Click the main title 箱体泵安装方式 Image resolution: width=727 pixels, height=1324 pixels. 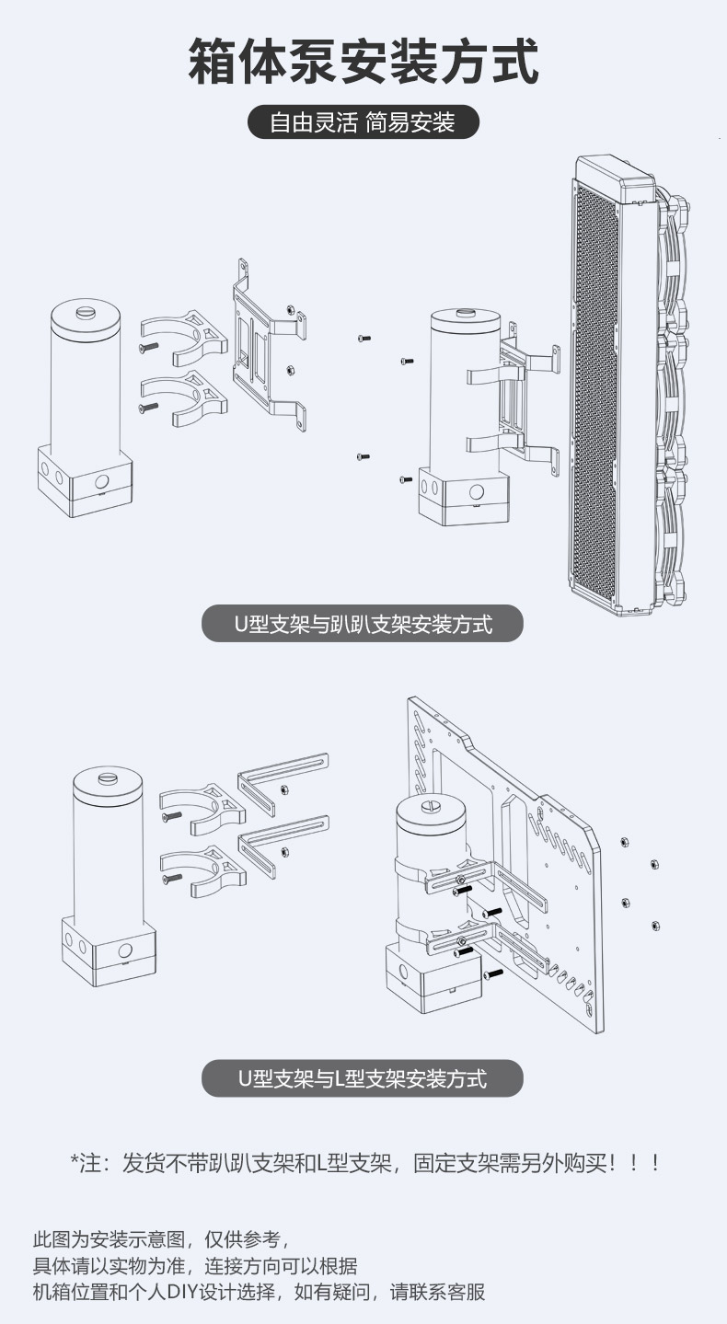pyautogui.click(x=363, y=62)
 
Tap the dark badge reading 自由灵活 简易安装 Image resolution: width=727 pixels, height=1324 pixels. pyautogui.click(x=363, y=121)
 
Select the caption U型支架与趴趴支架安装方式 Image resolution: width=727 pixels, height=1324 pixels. pyautogui.click(x=363, y=624)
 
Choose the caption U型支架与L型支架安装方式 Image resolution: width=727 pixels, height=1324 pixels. pyautogui.click(x=363, y=1078)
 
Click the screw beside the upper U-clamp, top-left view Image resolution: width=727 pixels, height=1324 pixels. pyautogui.click(x=148, y=347)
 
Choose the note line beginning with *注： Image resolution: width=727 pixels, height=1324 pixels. pyautogui.click(x=365, y=1163)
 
